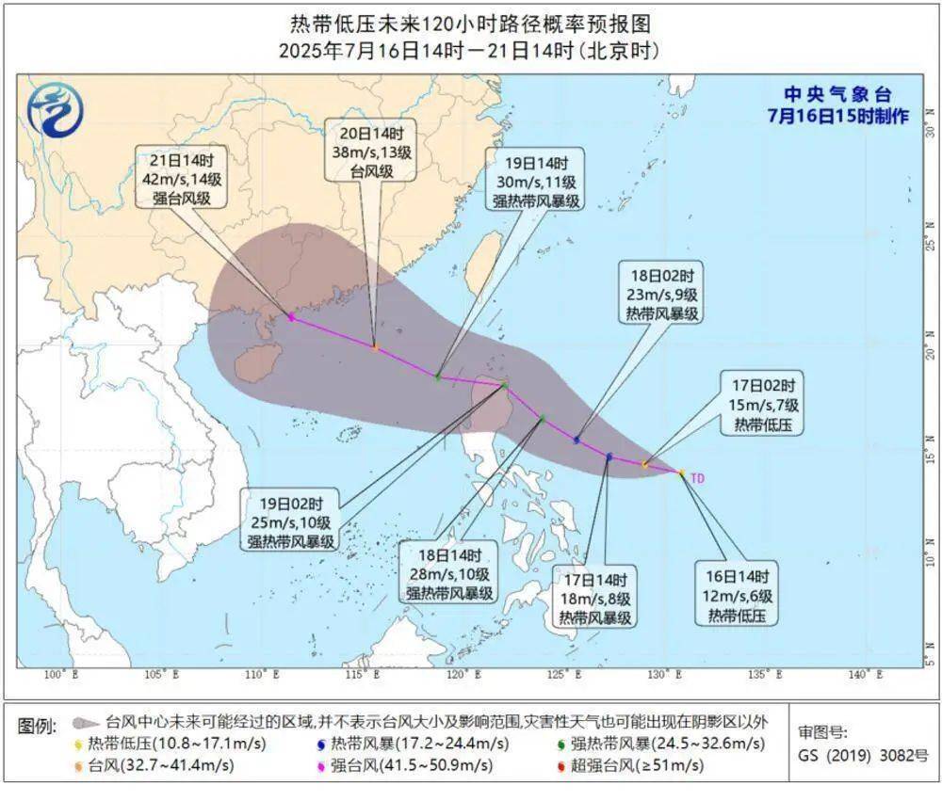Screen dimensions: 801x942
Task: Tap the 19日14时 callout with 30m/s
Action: point(533,180)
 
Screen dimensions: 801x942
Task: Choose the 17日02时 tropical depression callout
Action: point(763,405)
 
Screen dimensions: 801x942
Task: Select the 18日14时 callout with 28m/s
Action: point(449,574)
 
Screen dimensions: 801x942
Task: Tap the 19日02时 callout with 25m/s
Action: point(292,521)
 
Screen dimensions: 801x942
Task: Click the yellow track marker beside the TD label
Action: point(681,473)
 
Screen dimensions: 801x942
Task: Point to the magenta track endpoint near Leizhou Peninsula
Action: point(291,317)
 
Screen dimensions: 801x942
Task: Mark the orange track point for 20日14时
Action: point(375,348)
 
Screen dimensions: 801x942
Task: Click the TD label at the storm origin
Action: point(697,478)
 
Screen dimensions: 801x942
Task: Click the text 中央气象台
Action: point(837,95)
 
